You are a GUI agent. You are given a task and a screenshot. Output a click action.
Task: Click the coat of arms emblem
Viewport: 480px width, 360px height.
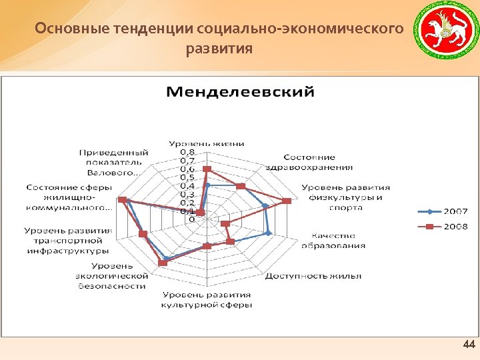442,31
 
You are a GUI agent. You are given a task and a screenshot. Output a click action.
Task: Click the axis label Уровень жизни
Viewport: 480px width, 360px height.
206,143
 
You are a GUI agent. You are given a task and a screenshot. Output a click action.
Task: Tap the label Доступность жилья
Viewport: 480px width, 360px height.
313,275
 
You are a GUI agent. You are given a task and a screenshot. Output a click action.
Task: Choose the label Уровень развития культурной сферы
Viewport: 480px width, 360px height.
206,299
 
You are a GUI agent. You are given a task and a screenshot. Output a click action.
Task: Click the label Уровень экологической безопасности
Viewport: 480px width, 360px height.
111,276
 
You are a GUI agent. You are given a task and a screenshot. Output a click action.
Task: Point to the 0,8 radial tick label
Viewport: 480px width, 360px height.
187,152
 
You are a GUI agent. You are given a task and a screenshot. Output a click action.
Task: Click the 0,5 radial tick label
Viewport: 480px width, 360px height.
187,177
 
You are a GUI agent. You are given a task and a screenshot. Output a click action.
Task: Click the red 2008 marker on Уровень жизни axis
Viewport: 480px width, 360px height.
207,169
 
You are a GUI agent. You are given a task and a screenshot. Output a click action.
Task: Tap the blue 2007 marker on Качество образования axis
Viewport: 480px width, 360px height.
268,233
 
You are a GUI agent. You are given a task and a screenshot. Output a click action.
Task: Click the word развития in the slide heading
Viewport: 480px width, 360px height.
219,49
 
